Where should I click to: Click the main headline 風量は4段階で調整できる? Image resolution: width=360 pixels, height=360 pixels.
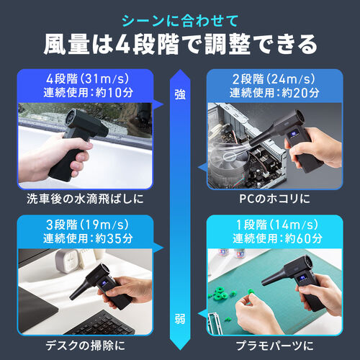[x=179, y=45]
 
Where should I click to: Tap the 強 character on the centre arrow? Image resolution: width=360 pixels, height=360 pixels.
[x=179, y=93]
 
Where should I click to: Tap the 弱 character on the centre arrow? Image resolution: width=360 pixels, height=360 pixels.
[x=179, y=318]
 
